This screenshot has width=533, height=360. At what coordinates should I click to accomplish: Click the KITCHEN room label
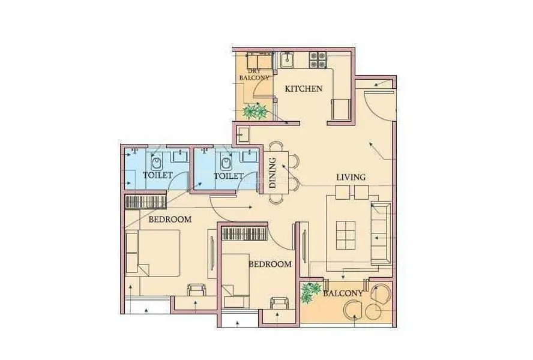[x=304, y=89]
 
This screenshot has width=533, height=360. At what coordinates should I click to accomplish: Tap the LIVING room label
[x=351, y=177]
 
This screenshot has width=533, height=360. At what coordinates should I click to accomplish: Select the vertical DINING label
[x=273, y=173]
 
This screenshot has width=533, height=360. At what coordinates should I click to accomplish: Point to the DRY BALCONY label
[x=254, y=74]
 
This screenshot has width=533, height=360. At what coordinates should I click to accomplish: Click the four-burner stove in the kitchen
[x=318, y=60]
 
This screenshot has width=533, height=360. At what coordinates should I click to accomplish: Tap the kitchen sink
[x=288, y=61]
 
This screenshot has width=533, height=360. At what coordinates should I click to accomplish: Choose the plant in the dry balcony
[x=255, y=111]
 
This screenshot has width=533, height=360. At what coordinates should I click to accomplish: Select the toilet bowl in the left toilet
[x=157, y=162]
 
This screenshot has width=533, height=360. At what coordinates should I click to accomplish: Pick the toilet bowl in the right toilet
[x=226, y=162]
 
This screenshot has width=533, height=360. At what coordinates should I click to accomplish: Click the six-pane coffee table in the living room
[x=346, y=235]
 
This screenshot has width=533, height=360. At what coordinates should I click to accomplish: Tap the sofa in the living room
[x=381, y=233]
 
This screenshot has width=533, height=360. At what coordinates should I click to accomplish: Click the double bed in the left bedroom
[x=152, y=253]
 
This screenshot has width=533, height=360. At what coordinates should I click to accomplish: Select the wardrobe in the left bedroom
[x=146, y=202]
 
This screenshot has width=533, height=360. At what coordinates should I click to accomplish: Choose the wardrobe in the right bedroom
[x=244, y=235]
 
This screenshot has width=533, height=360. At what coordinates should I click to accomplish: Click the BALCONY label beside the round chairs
[x=343, y=293]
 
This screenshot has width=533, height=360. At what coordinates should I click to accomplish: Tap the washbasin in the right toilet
[x=250, y=156]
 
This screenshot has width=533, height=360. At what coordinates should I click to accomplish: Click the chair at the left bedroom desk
[x=197, y=290]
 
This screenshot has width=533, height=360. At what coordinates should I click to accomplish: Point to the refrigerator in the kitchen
[x=341, y=109]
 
